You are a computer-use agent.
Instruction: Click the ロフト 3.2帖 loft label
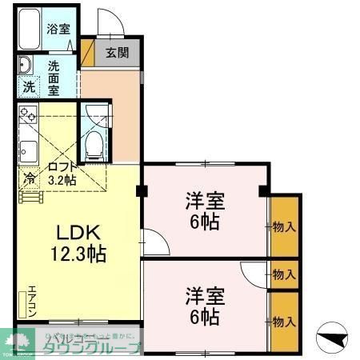tap(62, 173)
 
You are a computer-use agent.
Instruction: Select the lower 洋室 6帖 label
tap(205, 305)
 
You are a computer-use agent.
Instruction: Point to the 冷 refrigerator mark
tap(30, 178)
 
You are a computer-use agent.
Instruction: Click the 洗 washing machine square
tap(28, 86)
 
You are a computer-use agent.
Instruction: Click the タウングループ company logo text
tap(92, 347)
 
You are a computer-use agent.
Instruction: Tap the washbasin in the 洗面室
tap(24, 66)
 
